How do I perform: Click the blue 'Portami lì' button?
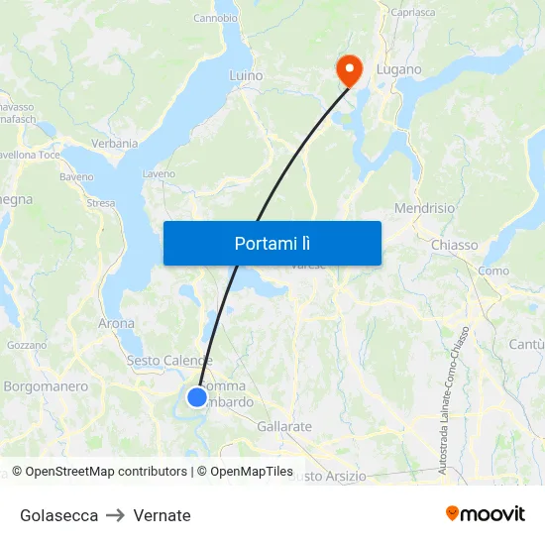click(272, 243)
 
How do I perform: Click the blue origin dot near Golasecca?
click(197, 397)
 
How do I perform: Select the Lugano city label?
click(398, 70)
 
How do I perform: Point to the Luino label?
click(246, 75)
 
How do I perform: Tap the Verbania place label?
click(115, 144)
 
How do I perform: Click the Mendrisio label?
click(424, 209)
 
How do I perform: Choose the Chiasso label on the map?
click(455, 245)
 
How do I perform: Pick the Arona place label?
click(117, 323)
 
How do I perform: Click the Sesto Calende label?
click(169, 361)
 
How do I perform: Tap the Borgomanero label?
click(46, 386)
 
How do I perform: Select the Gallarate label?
click(284, 426)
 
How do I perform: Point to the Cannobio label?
click(215, 18)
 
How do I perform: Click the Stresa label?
click(100, 203)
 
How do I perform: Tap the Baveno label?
click(76, 177)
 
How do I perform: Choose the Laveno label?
click(159, 174)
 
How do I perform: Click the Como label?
click(493, 271)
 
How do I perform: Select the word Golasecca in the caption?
click(58, 515)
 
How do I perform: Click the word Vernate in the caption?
click(162, 515)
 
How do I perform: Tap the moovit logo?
click(486, 513)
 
